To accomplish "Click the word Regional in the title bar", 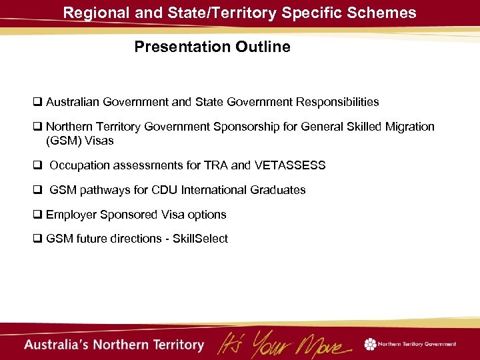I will [x=91, y=12].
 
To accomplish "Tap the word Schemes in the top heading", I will [x=385, y=12].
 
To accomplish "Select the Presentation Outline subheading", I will [x=212, y=47].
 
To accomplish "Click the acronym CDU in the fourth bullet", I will [x=165, y=190].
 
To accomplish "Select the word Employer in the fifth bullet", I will [x=69, y=215].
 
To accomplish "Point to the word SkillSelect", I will [x=200, y=239].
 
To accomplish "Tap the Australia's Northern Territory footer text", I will [x=114, y=345].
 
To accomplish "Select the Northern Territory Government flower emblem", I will [x=370, y=344].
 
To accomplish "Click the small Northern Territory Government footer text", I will [x=417, y=344].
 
